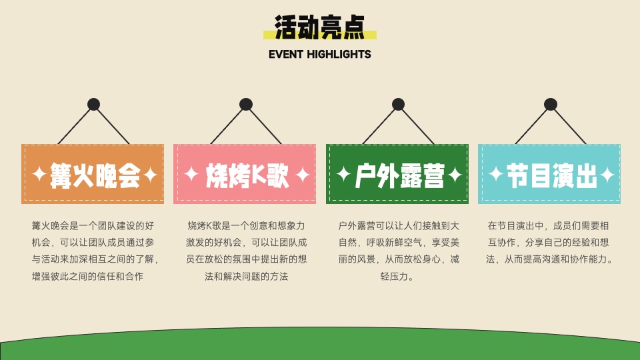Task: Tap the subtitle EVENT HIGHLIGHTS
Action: click(x=320, y=54)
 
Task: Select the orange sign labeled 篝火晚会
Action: click(x=93, y=174)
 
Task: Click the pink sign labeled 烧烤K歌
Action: click(x=245, y=174)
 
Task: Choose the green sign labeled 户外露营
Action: click(x=397, y=174)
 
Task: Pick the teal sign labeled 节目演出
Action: click(x=549, y=174)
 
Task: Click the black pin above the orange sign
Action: click(x=93, y=104)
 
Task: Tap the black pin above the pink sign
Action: click(x=246, y=104)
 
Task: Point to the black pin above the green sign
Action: click(x=398, y=104)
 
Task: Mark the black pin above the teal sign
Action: click(x=551, y=104)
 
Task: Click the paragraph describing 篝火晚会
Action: click(x=93, y=251)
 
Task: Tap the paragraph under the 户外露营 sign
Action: click(x=397, y=251)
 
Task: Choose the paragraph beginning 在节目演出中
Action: click(x=549, y=243)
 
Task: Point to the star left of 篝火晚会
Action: click(x=39, y=175)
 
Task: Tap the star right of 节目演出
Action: click(x=607, y=175)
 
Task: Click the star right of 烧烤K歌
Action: click(x=302, y=175)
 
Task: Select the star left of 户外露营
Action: click(x=343, y=175)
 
